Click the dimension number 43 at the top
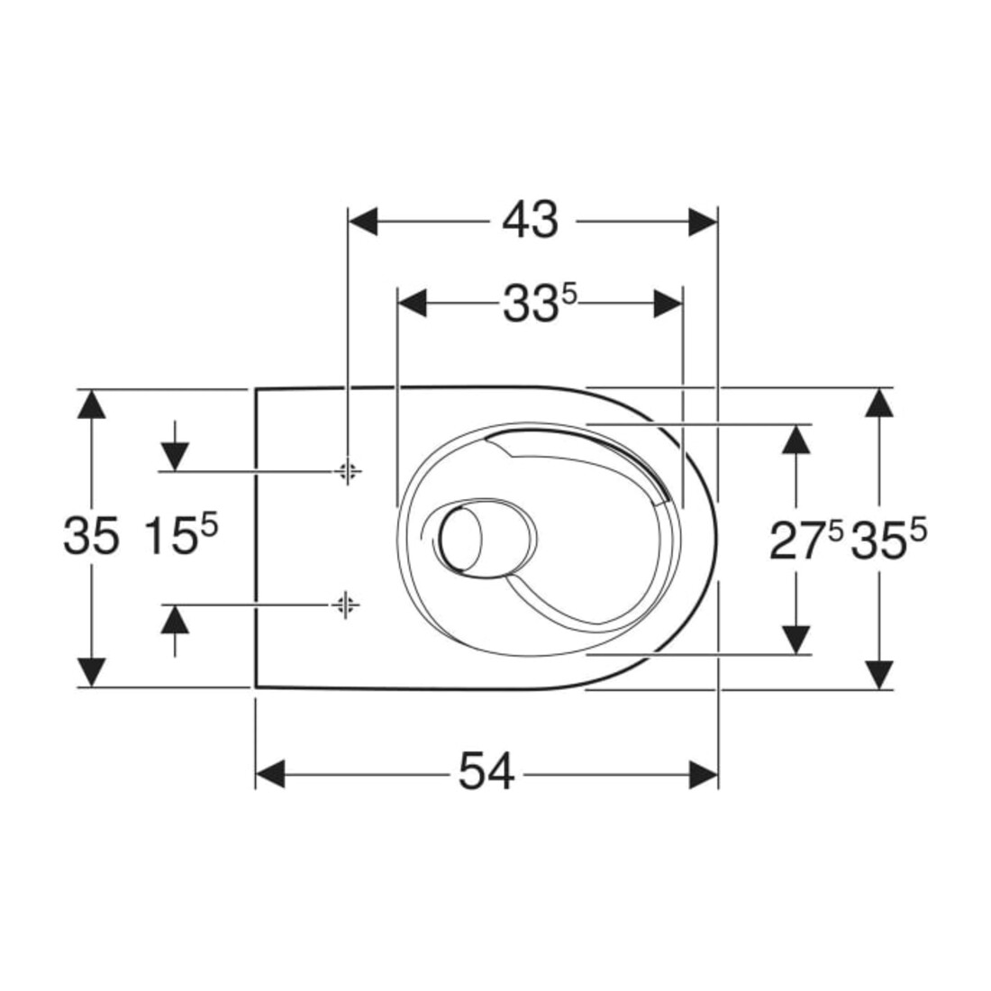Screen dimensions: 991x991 531,221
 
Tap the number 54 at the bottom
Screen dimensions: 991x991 486,772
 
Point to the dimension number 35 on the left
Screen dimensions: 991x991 91,535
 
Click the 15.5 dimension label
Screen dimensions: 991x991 181,534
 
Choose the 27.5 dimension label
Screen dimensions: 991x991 806,541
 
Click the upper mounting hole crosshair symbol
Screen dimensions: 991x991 347,471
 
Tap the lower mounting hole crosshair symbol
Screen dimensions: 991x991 344,605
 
